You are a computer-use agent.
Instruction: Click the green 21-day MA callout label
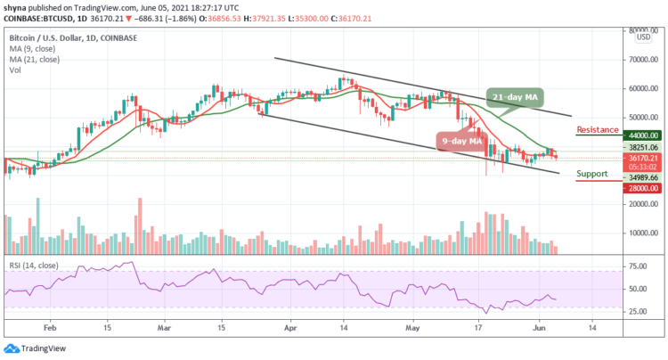[516, 95]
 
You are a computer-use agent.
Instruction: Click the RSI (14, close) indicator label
[34, 258]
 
